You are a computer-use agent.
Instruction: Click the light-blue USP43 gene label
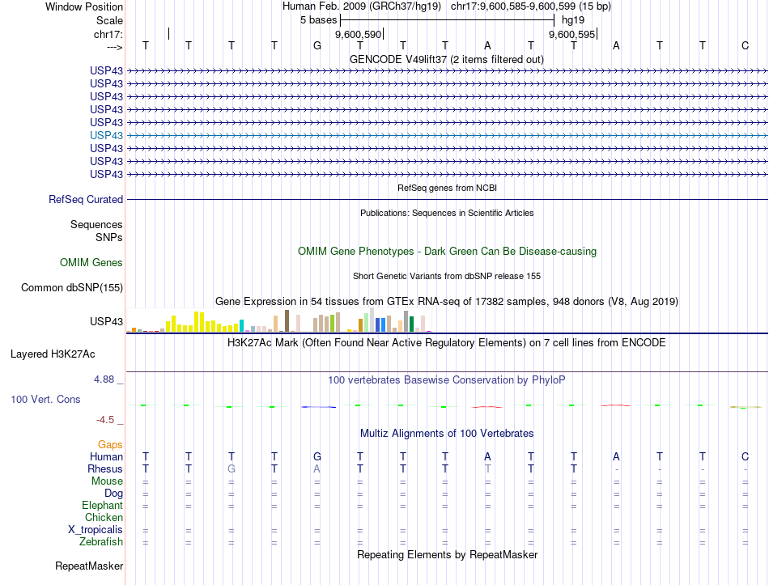[x=107, y=135]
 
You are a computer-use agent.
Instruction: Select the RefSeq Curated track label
[x=86, y=199]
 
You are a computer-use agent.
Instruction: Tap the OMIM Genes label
[x=91, y=262]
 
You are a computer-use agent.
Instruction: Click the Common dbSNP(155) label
[x=72, y=287]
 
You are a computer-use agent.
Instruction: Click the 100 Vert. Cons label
[x=45, y=399]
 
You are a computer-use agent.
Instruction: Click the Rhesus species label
[x=105, y=468]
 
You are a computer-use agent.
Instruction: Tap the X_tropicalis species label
[x=96, y=529]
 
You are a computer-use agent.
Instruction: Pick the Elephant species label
[x=102, y=505]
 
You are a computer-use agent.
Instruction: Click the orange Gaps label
[x=110, y=444]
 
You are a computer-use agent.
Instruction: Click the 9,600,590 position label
[x=358, y=35]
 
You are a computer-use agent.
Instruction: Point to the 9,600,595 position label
[x=571, y=35]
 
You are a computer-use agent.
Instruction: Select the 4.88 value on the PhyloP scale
[x=108, y=378]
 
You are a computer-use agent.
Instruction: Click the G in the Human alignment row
[x=317, y=456]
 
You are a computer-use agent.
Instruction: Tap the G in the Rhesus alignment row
[x=232, y=468]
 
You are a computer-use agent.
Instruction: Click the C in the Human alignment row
[x=745, y=456]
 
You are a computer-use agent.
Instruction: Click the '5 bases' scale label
[x=318, y=19]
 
